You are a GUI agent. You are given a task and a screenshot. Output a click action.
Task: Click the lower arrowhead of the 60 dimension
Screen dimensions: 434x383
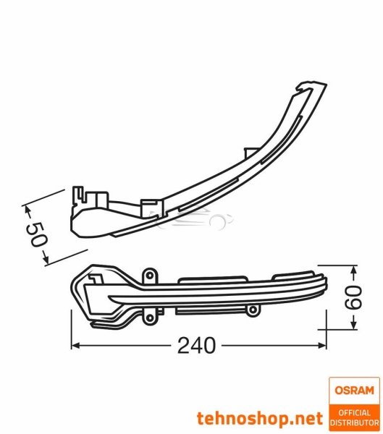pyautogui.click(x=353, y=324)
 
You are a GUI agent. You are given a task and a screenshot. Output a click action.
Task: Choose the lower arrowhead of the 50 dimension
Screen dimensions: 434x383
pyautogui.click(x=46, y=258)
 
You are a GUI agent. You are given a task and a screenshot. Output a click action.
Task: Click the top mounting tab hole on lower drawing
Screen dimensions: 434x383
pyautogui.click(x=150, y=276)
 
